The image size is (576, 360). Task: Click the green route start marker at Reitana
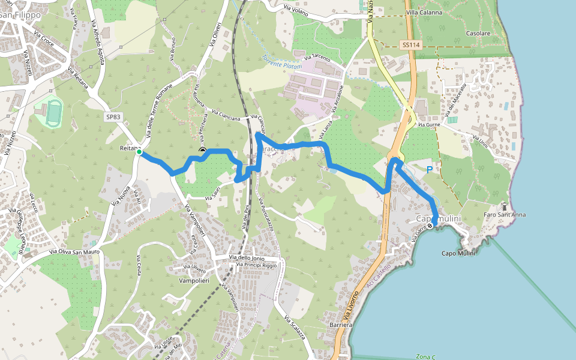click(x=139, y=152)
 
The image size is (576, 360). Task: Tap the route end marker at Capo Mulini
click(x=430, y=226)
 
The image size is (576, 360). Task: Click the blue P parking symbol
click(x=429, y=170)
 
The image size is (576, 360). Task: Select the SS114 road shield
click(x=410, y=45)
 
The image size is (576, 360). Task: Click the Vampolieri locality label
click(x=193, y=280)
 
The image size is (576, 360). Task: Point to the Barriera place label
click(x=340, y=325)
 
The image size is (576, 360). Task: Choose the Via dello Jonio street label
click(x=246, y=257)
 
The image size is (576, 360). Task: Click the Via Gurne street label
click(x=430, y=125)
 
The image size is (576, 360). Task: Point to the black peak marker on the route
click(x=202, y=151)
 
